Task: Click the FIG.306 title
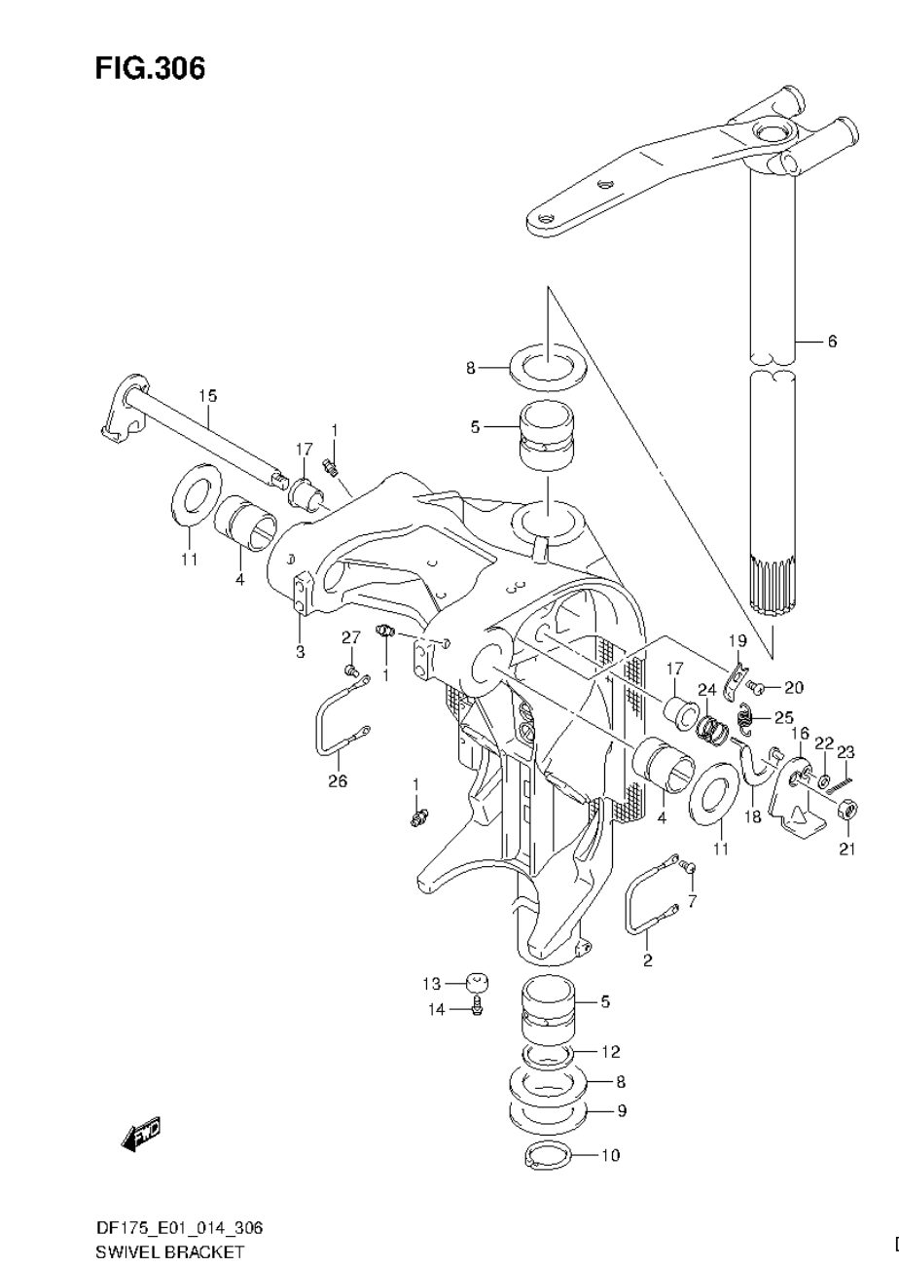[150, 69]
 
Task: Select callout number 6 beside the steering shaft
[832, 342]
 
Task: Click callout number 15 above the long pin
[208, 396]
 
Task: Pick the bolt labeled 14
[478, 1006]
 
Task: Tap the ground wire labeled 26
[337, 724]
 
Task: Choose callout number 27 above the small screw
[350, 637]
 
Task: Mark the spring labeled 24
[715, 726]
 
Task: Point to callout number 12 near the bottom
[610, 1052]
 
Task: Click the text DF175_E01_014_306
[178, 1228]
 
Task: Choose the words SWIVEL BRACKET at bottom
[169, 1251]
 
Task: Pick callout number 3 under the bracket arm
[301, 650]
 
